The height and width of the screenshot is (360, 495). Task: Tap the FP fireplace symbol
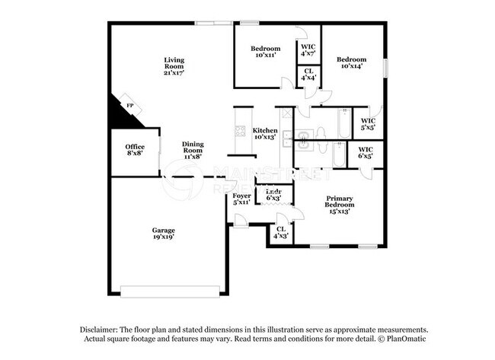(129, 106)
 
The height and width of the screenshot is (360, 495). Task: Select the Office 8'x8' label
(135, 150)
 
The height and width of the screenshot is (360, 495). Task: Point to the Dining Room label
(192, 151)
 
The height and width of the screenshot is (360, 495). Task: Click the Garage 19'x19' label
(163, 234)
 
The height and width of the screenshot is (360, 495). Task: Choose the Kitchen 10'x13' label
(265, 134)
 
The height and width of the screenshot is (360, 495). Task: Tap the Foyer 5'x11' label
(241, 199)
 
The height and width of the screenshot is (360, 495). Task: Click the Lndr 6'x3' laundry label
(273, 195)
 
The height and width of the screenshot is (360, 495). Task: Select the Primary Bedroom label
(339, 205)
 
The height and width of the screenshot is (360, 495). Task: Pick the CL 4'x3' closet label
(281, 232)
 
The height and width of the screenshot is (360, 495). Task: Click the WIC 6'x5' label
(366, 152)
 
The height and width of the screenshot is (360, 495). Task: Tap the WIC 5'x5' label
(369, 123)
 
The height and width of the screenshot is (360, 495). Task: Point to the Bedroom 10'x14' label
(351, 63)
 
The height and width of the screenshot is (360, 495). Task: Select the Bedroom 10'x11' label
(267, 53)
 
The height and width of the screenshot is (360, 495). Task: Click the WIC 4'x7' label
(308, 50)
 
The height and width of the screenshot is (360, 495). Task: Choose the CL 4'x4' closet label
(308, 75)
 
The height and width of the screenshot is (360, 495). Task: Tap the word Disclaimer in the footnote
(102, 329)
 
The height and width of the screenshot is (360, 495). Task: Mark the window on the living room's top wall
(213, 24)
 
